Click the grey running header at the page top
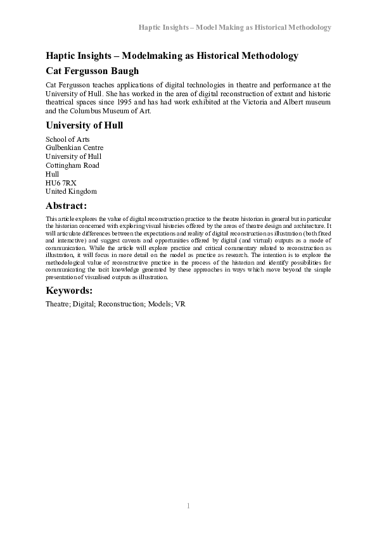(235, 28)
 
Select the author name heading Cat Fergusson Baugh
(93, 70)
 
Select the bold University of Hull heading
(84, 125)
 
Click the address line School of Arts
(67, 139)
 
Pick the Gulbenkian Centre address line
(74, 147)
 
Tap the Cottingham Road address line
(72, 165)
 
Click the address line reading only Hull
(52, 173)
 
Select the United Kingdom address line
(71, 191)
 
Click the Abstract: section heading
(66, 205)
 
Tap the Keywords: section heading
(69, 291)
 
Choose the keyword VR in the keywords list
(180, 304)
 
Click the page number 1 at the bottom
(188, 506)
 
